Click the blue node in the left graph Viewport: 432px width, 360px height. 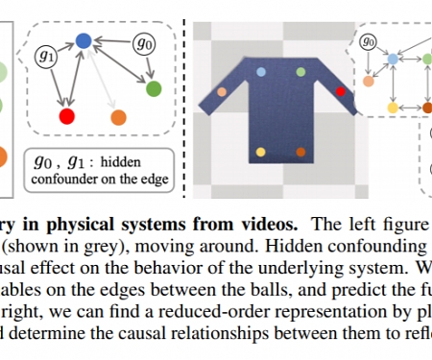tap(84, 40)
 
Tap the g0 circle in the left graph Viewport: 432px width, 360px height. tap(145, 43)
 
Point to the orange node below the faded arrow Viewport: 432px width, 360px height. tap(118, 117)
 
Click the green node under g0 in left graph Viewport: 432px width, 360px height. tap(153, 89)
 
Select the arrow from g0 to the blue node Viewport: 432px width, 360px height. tap(113, 41)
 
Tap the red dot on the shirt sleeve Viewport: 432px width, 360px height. tap(339, 91)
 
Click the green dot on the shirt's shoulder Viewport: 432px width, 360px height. tap(301, 72)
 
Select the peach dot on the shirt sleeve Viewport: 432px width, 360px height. tap(222, 92)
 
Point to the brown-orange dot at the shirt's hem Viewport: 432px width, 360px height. tap(300, 153)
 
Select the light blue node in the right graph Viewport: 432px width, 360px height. tap(392, 60)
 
